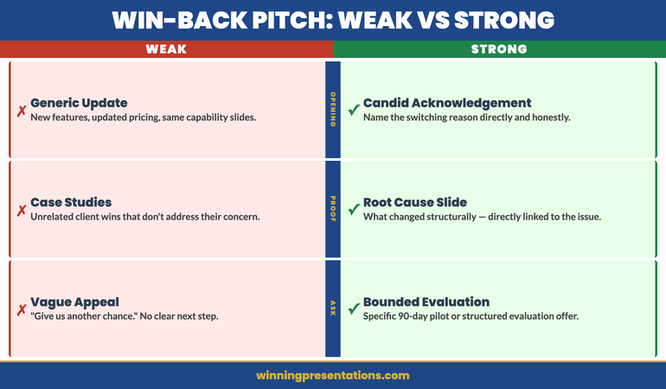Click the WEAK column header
click(x=165, y=49)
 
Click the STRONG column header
click(x=499, y=49)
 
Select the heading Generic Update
click(x=79, y=103)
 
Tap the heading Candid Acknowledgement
click(x=447, y=103)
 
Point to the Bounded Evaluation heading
click(x=426, y=302)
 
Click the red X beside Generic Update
click(x=21, y=111)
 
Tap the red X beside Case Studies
click(x=21, y=210)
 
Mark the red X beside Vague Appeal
click(x=21, y=309)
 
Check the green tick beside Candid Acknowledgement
click(x=353, y=111)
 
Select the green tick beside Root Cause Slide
click(x=353, y=210)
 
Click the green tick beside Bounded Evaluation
click(x=353, y=309)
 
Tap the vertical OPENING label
click(x=333, y=109)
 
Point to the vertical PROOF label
click(x=333, y=208)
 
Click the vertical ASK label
click(x=333, y=308)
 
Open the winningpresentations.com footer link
click(x=333, y=375)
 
